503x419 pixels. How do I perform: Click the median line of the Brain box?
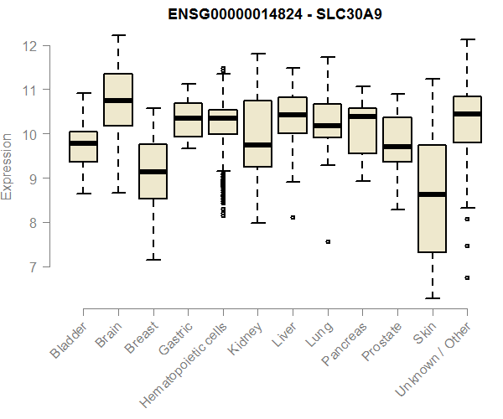click(118, 101)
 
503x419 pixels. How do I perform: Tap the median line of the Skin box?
click(432, 194)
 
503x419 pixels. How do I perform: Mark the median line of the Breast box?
click(153, 172)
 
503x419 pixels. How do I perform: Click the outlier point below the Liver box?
click(293, 217)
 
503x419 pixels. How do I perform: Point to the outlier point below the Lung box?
click(327, 241)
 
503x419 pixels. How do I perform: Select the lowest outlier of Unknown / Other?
click(467, 277)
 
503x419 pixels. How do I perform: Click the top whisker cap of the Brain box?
click(118, 35)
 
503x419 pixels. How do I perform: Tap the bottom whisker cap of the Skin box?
click(432, 297)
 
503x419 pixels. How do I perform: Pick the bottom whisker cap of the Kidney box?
click(257, 223)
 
